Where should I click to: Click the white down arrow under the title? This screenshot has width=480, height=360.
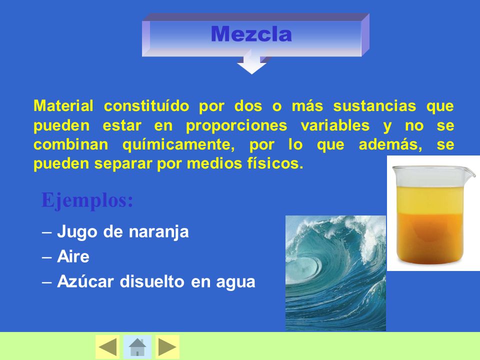pyautogui.click(x=251, y=62)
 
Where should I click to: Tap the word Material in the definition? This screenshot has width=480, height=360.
pyautogui.click(x=63, y=106)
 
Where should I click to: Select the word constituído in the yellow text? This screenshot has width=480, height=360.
pyautogui.click(x=146, y=106)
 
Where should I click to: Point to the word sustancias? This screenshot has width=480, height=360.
pyautogui.click(x=374, y=106)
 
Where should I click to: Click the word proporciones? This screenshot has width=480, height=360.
pyautogui.click(x=236, y=126)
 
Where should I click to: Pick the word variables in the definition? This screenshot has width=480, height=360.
pyautogui.click(x=335, y=125)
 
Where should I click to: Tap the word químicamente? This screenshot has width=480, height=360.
pyautogui.click(x=179, y=144)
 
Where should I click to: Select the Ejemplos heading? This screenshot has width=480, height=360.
pyautogui.click(x=87, y=200)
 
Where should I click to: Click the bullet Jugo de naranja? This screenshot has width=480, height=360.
pyautogui.click(x=123, y=231)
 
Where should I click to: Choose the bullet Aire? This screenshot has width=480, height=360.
pyautogui.click(x=73, y=256)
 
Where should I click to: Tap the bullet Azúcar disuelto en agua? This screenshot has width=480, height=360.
pyautogui.click(x=156, y=281)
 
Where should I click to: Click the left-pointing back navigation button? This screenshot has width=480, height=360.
pyautogui.click(x=107, y=347)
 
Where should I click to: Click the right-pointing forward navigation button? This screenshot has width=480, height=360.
pyautogui.click(x=167, y=347)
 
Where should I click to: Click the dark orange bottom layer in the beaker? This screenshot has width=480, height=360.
pyautogui.click(x=430, y=237)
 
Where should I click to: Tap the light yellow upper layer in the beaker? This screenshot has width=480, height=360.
pyautogui.click(x=430, y=200)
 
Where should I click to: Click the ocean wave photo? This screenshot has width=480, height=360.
pyautogui.click(x=335, y=273)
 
